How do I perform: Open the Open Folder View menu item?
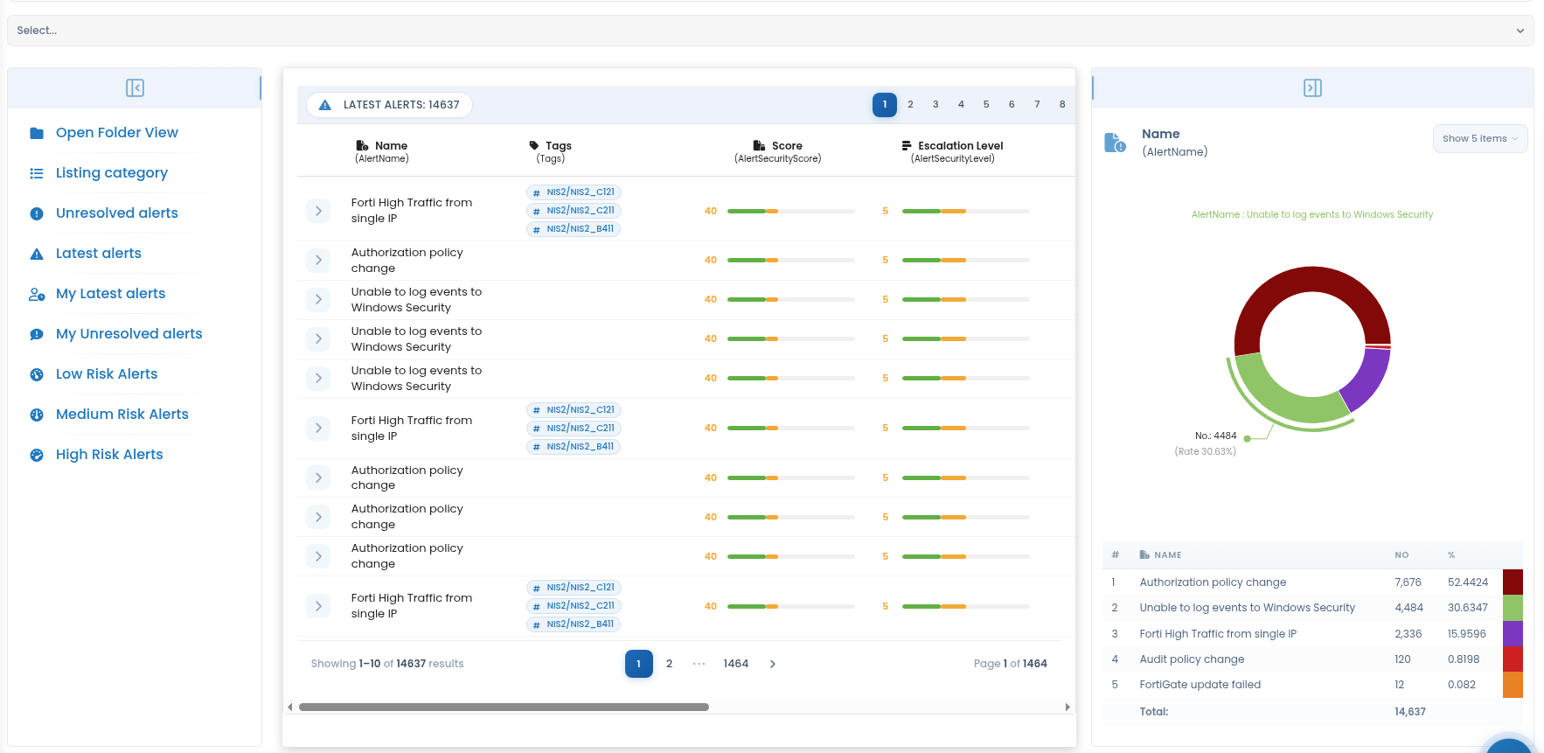117,133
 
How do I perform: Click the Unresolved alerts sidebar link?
117,213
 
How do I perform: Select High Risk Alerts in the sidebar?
109,455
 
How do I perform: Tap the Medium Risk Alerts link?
122,415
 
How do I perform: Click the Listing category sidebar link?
112,173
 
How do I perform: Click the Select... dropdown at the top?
770,31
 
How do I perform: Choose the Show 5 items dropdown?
1480,138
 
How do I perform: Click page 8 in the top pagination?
1062,105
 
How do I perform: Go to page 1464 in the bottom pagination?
736,664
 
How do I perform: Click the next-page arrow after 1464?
773,664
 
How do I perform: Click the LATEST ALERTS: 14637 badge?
390,105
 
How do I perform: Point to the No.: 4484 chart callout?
1216,436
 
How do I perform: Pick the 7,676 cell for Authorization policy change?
1408,582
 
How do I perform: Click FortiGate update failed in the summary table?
1200,685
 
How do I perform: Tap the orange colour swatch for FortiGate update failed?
1513,685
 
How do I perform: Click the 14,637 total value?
1410,712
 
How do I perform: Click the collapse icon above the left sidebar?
135,87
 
